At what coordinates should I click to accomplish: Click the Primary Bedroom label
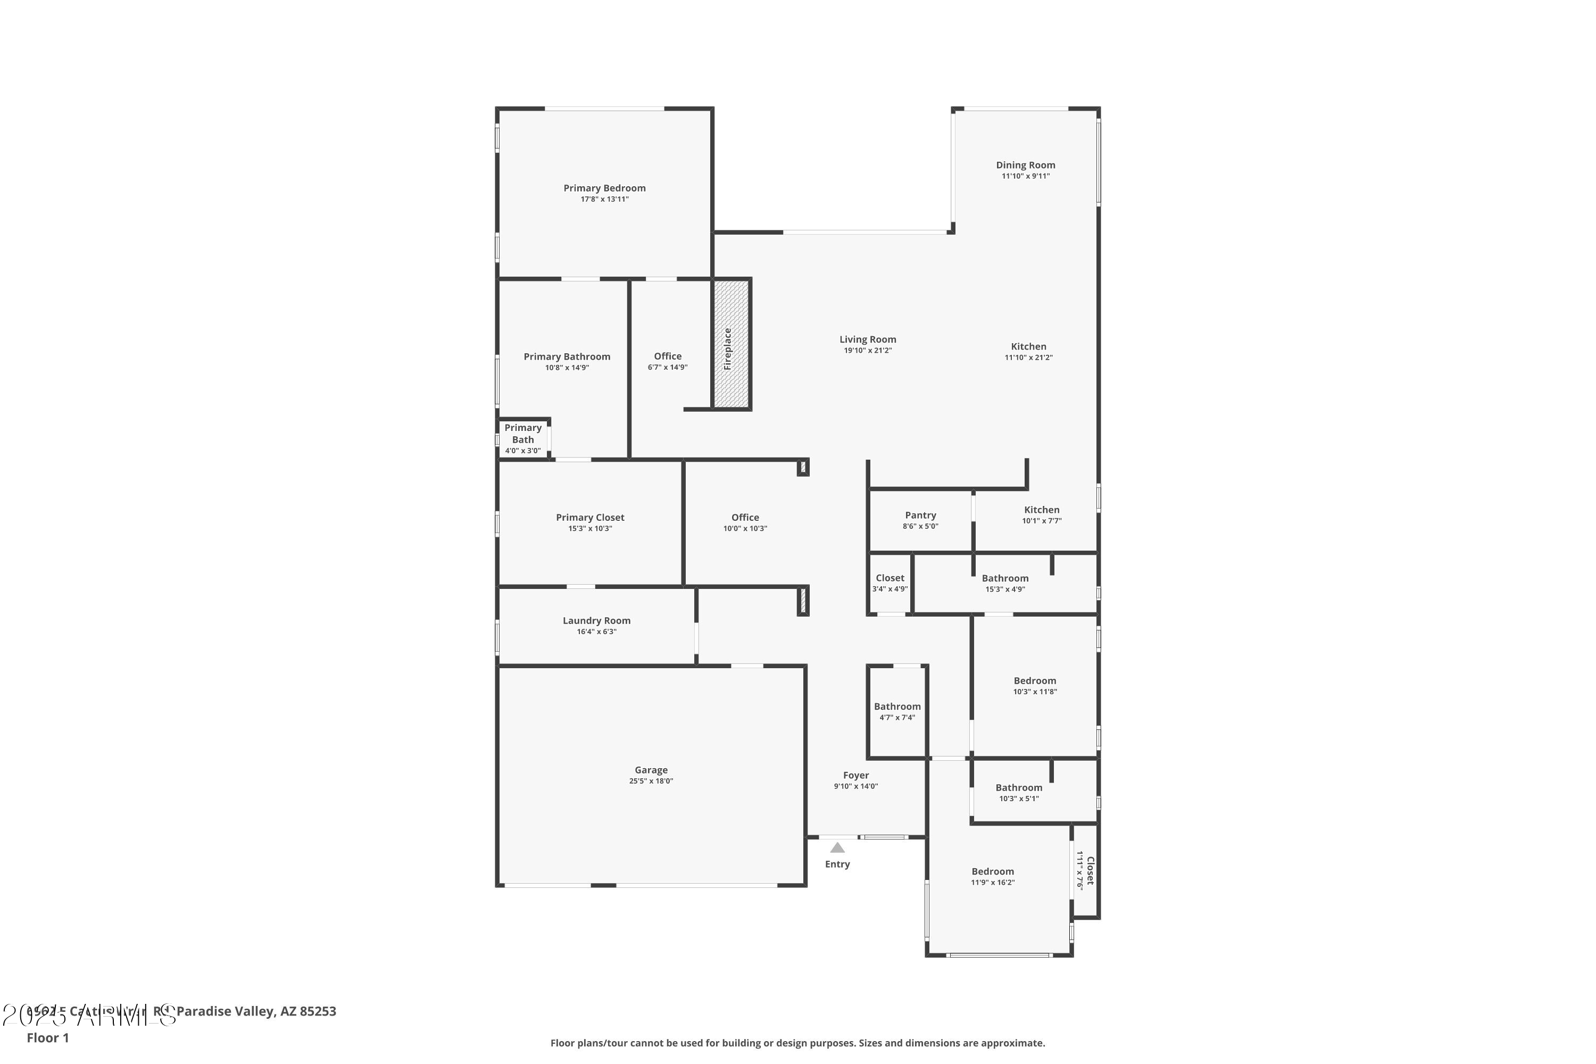604,188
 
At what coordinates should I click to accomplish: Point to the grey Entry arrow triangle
837,847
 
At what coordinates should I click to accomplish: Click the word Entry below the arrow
837,864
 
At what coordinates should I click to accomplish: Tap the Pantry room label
920,515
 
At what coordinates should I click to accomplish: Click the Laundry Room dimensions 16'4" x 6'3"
596,632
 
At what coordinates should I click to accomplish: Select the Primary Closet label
589,517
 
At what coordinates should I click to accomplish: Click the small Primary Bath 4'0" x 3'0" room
522,438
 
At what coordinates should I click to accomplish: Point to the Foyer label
855,775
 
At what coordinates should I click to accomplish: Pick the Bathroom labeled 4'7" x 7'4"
897,711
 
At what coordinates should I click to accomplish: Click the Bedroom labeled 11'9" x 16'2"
992,876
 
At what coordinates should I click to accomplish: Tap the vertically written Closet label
1090,870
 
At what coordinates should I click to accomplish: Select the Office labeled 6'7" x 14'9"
667,361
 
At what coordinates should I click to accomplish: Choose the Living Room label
867,339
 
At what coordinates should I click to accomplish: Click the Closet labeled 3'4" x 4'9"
890,583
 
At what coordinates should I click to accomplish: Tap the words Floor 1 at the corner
47,1037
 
